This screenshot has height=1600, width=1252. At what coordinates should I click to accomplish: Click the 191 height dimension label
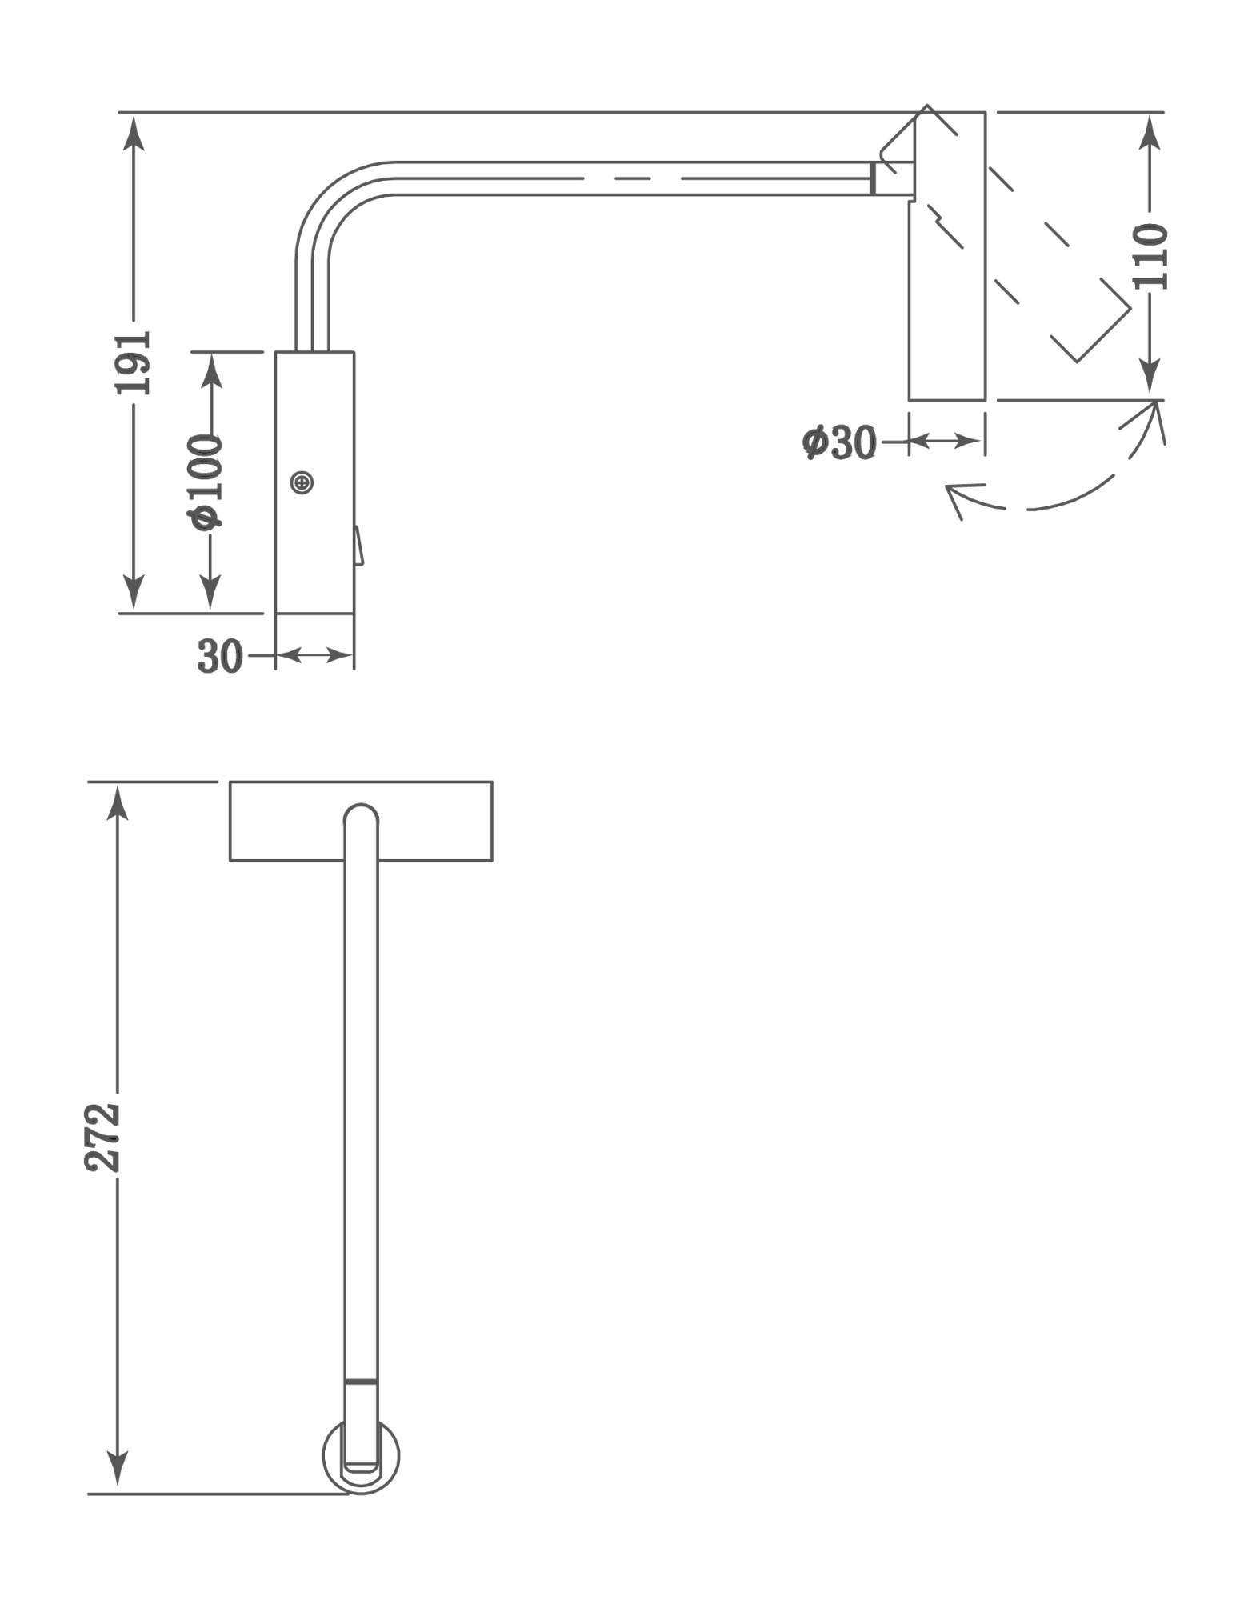point(133,362)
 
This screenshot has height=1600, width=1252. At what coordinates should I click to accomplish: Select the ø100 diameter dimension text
point(207,482)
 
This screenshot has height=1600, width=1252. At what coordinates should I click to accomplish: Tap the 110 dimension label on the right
point(1150,256)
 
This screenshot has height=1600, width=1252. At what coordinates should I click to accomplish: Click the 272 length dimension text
point(103,1138)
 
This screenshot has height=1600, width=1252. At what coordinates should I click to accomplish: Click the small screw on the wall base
point(302,482)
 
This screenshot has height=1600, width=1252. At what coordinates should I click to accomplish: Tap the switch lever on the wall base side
point(358,546)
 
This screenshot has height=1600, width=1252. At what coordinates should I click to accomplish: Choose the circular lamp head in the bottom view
point(362,1458)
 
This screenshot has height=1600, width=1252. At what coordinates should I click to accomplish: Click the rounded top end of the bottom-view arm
point(361,814)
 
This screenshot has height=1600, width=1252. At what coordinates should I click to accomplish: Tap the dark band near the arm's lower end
point(361,1381)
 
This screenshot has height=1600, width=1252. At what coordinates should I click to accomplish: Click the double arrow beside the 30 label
point(314,656)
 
